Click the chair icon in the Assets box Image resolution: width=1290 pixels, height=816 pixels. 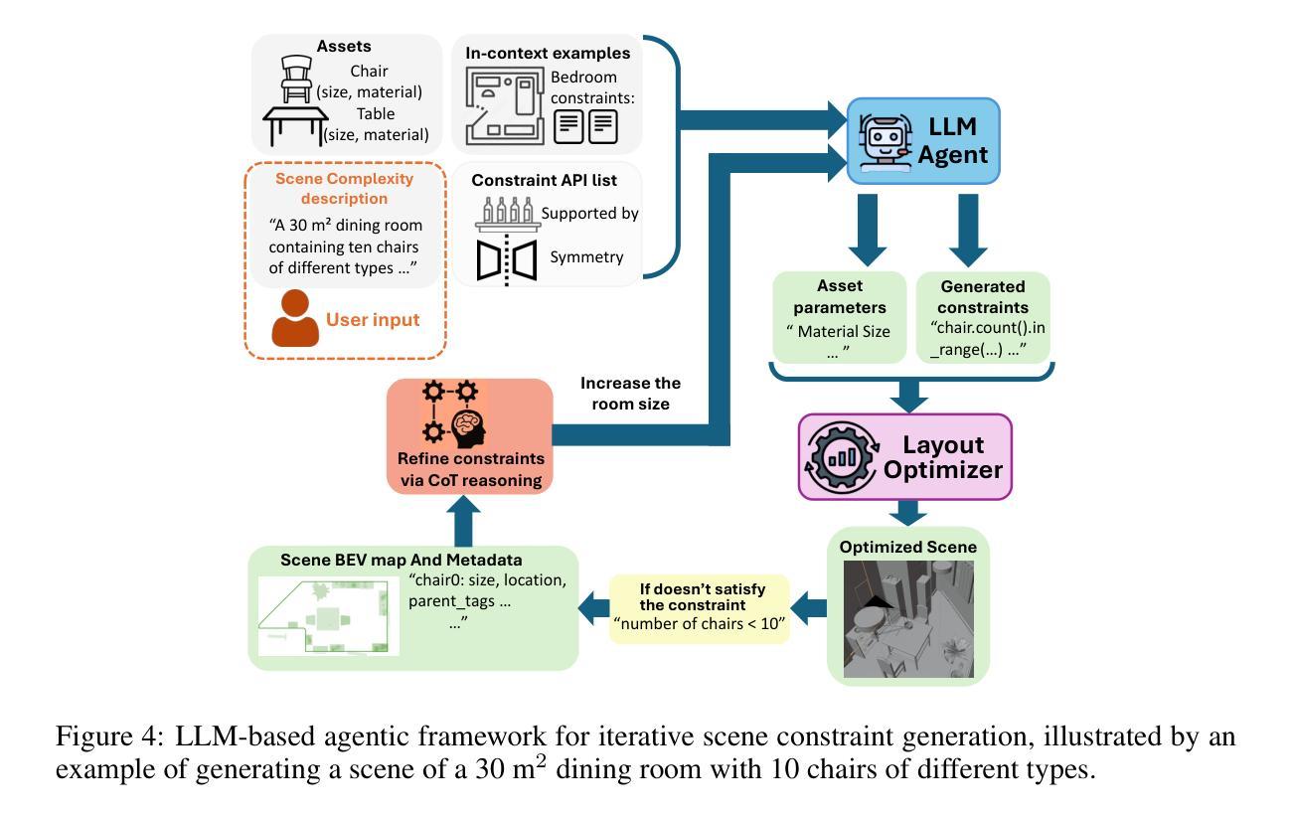[x=296, y=78]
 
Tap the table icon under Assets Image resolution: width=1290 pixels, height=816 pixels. [x=295, y=126]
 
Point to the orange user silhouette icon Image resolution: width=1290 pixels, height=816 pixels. [x=295, y=319]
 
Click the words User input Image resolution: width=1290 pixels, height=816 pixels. [x=373, y=320]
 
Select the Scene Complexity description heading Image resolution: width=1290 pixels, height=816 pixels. [x=344, y=188]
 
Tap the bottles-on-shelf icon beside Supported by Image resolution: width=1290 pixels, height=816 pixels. [x=507, y=215]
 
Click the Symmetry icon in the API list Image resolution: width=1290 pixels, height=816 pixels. [x=507, y=259]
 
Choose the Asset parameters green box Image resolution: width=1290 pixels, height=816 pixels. [x=839, y=317]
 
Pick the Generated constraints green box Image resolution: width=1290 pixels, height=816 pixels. [x=983, y=317]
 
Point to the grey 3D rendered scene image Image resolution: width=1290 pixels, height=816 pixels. [x=908, y=619]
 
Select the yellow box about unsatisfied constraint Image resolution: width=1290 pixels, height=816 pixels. [x=699, y=608]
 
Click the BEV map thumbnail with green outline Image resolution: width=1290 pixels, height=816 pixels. [x=328, y=615]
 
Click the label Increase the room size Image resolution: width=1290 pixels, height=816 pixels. [x=630, y=394]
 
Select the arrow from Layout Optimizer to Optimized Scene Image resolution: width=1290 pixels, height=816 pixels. [x=908, y=513]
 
